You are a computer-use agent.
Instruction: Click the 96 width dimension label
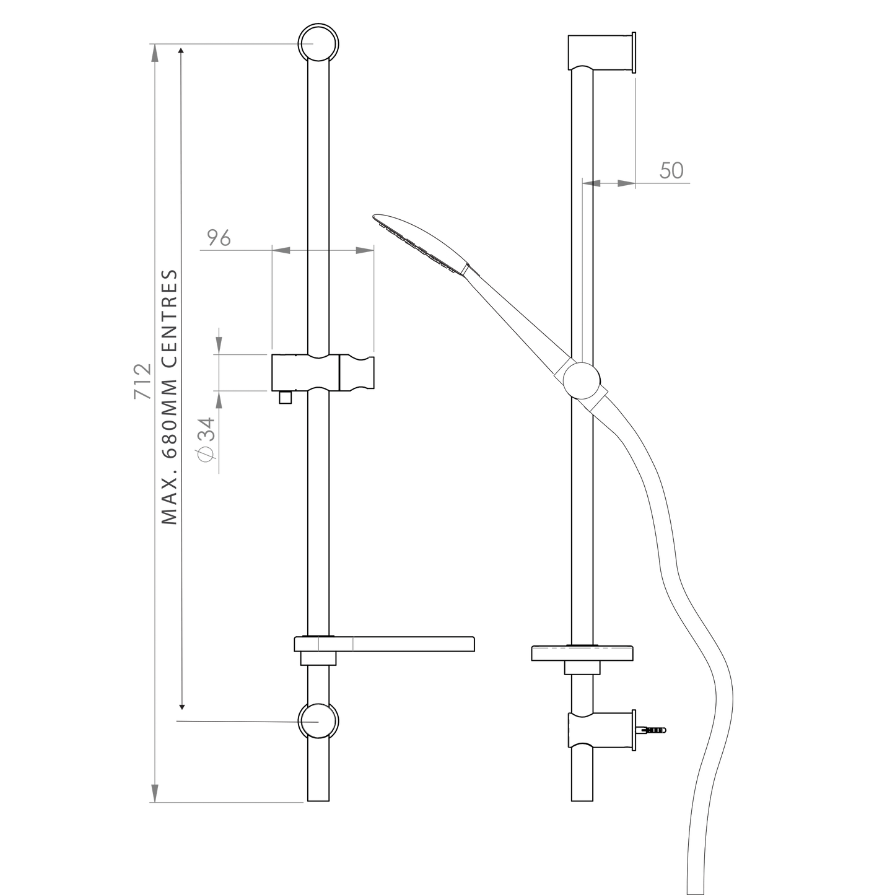[219, 238]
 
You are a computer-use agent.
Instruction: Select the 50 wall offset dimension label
[671, 170]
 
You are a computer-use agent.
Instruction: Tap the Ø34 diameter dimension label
[206, 439]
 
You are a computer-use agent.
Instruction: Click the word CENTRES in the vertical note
[170, 318]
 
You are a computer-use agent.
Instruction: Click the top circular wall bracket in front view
[318, 43]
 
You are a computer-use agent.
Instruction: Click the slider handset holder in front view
[323, 372]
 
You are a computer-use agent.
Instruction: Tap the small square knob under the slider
[285, 397]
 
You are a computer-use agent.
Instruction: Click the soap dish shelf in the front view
[385, 644]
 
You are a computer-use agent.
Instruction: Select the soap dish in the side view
[582, 653]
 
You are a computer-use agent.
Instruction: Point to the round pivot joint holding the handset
[582, 381]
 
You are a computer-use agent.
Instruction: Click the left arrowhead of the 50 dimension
[591, 183]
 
